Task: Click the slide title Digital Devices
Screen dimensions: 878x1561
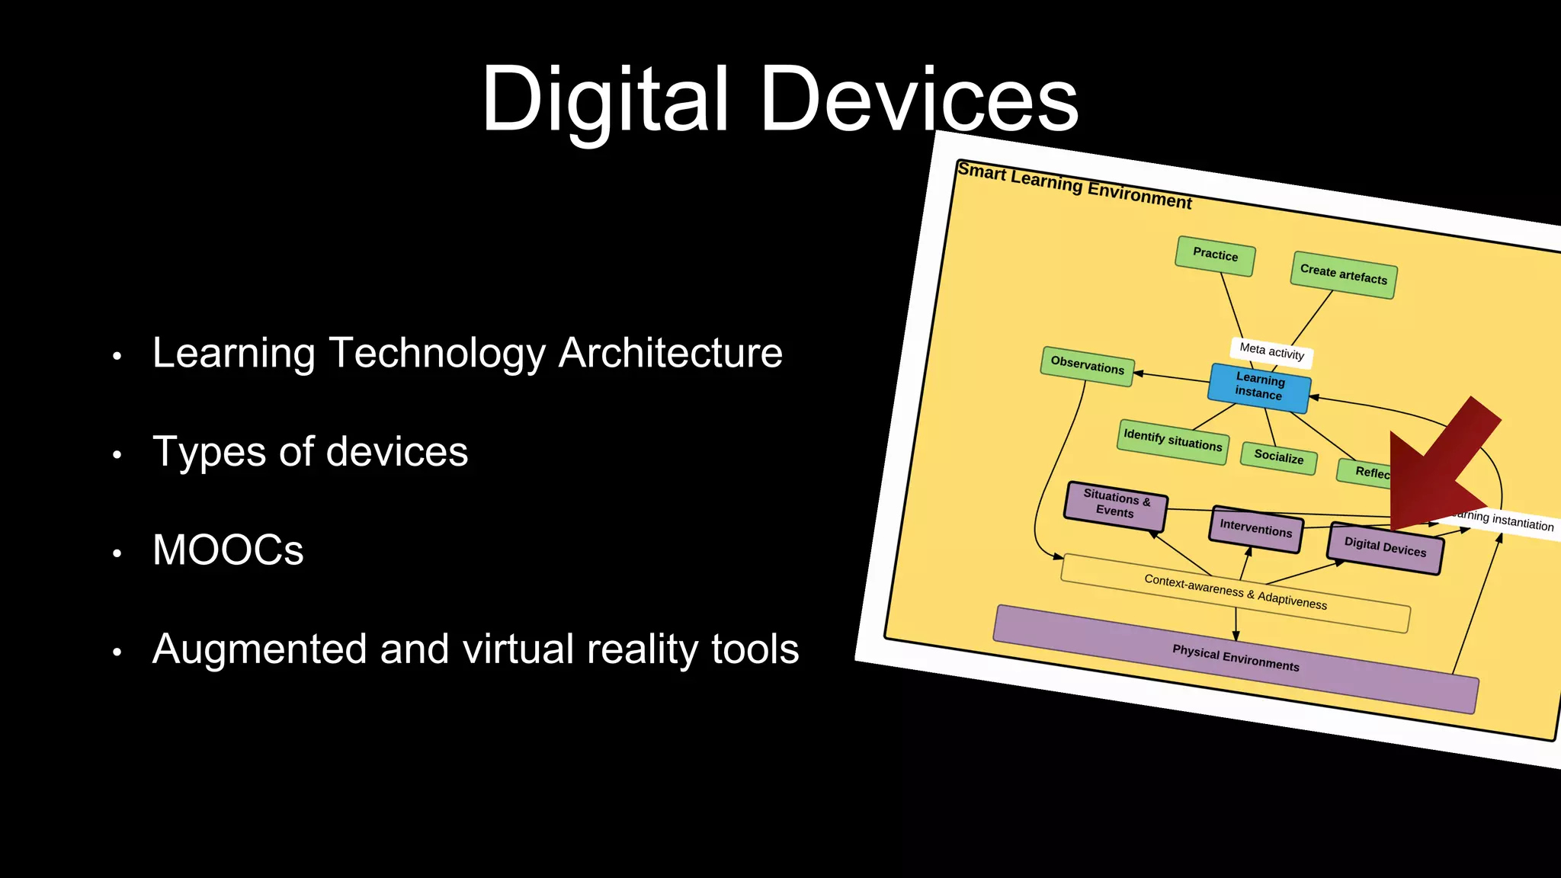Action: pos(779,99)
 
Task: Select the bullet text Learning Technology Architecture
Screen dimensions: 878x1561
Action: pos(467,353)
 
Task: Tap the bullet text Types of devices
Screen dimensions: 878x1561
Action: pos(310,452)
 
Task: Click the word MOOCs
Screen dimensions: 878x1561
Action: pos(228,550)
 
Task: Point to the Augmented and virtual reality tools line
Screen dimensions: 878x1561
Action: pos(476,649)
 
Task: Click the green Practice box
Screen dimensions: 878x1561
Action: pos(1215,255)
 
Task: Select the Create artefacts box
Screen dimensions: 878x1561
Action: pos(1343,274)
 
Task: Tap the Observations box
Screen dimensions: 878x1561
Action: pos(1087,366)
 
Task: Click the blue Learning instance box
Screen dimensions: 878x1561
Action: pos(1259,386)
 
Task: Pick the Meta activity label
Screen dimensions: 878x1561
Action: pos(1271,351)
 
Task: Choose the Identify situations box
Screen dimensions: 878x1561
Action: pos(1172,441)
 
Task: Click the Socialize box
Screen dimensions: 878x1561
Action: pos(1278,457)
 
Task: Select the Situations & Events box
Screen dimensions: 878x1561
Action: pos(1115,505)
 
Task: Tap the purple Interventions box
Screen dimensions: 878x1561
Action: pos(1255,528)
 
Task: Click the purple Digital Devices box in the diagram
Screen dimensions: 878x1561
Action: pos(1385,547)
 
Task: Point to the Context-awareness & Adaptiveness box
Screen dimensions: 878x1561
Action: pos(1235,592)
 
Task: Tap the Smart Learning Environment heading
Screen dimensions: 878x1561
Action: pos(1074,185)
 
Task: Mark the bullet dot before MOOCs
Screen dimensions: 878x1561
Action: pos(117,553)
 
